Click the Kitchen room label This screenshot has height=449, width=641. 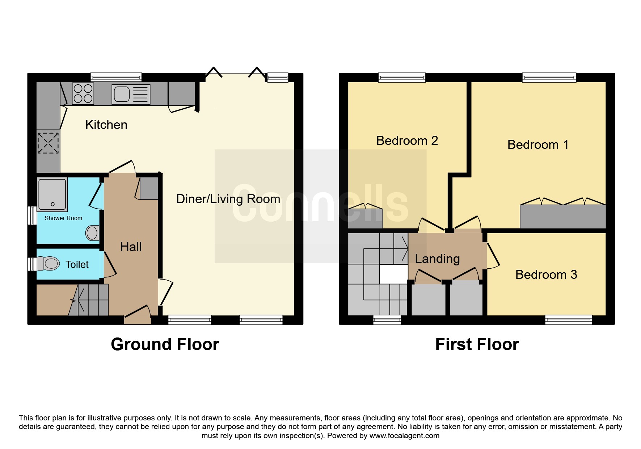click(x=106, y=125)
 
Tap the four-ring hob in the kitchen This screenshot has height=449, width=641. click(x=83, y=93)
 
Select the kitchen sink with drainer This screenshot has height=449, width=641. click(x=131, y=95)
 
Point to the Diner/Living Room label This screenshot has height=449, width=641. click(x=228, y=199)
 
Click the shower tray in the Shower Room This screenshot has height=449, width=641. click(x=52, y=194)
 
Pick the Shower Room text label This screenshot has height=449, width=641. click(x=63, y=218)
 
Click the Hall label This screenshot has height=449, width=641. click(x=131, y=247)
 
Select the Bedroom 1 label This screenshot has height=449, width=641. click(x=538, y=144)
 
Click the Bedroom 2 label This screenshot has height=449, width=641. click(x=407, y=140)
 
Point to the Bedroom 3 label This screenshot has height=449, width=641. click(x=546, y=274)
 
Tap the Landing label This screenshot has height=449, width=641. click(x=437, y=259)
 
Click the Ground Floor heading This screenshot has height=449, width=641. click(x=165, y=344)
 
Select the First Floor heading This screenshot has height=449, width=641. click(x=477, y=344)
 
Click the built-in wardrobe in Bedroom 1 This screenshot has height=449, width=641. click(x=563, y=217)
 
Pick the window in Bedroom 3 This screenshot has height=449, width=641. click(x=569, y=320)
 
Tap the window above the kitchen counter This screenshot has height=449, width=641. click(x=116, y=77)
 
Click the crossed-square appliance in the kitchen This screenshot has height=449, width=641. click(x=48, y=143)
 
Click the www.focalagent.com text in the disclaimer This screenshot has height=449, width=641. click(x=404, y=436)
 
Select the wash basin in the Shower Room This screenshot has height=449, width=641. click(x=92, y=233)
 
